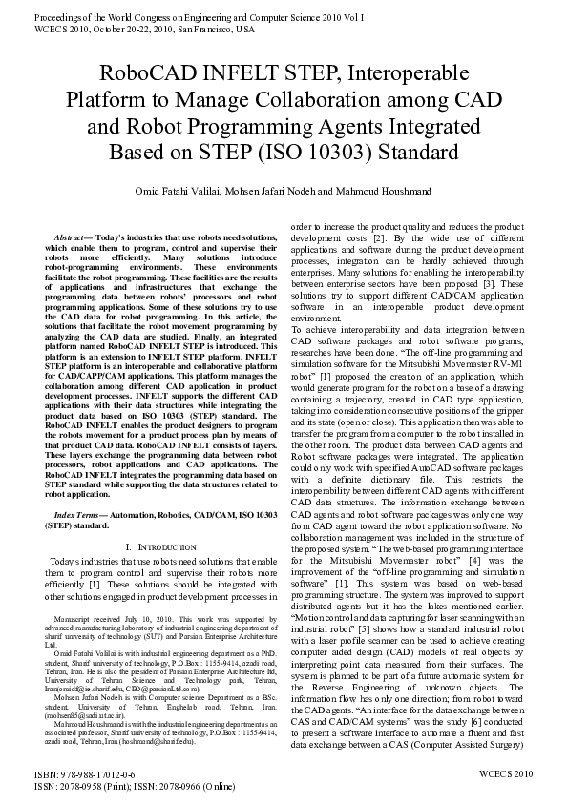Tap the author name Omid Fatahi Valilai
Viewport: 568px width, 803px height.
[207, 192]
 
